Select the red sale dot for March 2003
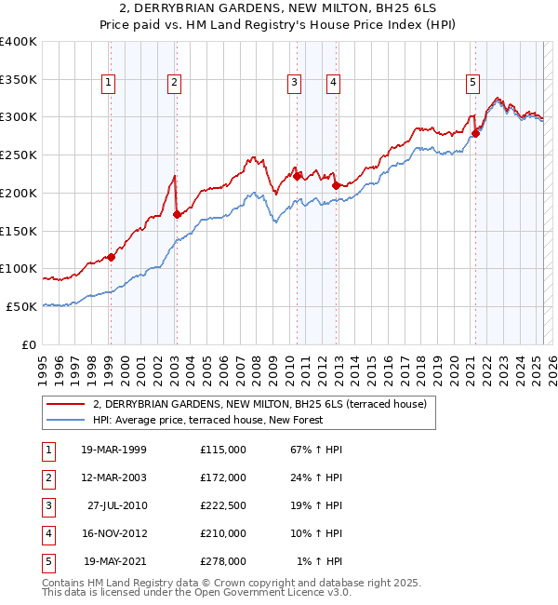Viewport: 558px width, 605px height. [177, 214]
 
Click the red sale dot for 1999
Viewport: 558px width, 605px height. [111, 257]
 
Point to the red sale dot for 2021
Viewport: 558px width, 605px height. [475, 133]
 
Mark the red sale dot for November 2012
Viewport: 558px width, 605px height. [335, 185]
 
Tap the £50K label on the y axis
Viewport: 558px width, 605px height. [21, 306]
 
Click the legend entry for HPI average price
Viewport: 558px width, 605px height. [207, 421]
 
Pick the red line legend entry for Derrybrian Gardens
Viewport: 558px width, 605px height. [259, 404]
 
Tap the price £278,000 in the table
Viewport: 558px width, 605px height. [223, 561]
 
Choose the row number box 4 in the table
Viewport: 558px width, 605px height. [47, 533]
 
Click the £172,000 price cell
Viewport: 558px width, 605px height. [223, 477]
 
